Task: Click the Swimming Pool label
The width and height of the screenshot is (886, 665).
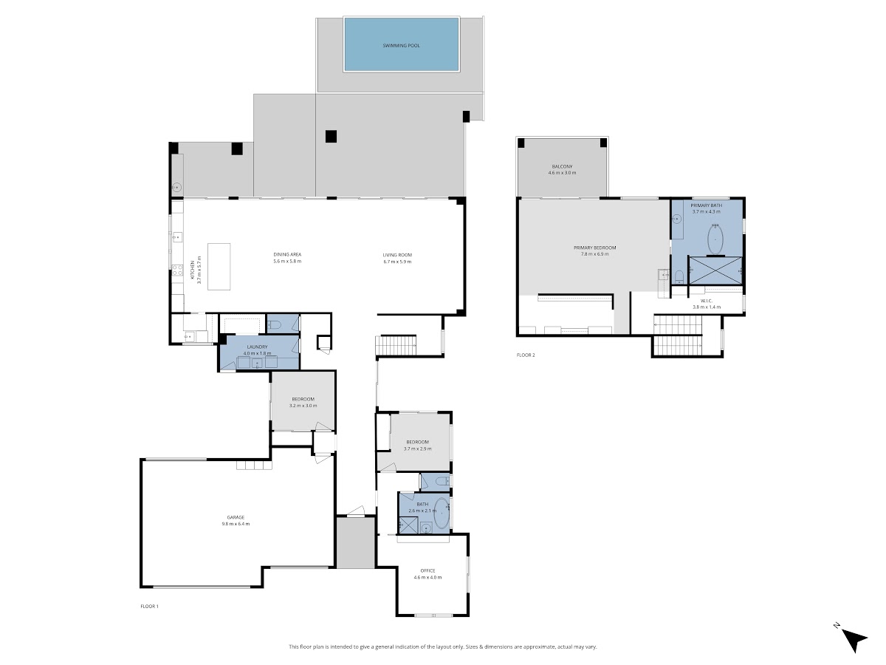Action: (x=401, y=46)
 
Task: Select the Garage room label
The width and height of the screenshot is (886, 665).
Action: (x=236, y=517)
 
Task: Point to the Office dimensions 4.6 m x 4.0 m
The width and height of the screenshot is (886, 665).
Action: (x=427, y=577)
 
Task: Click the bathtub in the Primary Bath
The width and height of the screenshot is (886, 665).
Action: (x=715, y=239)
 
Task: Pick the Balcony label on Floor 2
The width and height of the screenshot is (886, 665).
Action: (x=563, y=166)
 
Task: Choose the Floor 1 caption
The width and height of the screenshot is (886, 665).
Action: (x=149, y=606)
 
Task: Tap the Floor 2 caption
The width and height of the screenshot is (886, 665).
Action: (x=526, y=355)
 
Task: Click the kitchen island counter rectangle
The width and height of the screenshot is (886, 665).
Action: (x=219, y=267)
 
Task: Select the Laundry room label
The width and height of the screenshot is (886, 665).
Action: (x=257, y=347)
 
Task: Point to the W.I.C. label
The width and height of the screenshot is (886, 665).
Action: (x=707, y=301)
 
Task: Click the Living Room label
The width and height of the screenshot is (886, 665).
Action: (x=397, y=255)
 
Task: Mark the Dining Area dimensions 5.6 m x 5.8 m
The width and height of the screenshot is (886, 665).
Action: (x=287, y=262)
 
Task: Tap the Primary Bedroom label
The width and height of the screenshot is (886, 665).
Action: (x=595, y=248)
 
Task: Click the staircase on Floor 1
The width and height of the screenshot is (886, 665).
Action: (x=396, y=345)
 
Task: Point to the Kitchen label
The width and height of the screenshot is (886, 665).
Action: (x=193, y=270)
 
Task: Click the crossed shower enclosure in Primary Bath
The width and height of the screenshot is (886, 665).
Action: (x=715, y=270)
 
